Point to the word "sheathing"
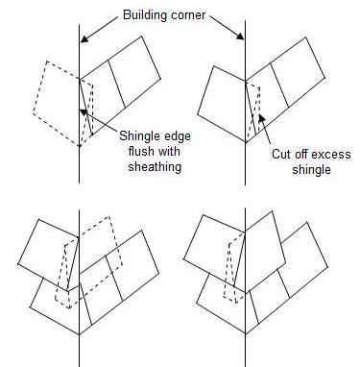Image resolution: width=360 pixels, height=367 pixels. (x=151, y=165)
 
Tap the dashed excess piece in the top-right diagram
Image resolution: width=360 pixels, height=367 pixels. (x=253, y=106)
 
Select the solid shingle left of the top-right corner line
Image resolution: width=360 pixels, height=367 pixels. (x=220, y=96)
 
